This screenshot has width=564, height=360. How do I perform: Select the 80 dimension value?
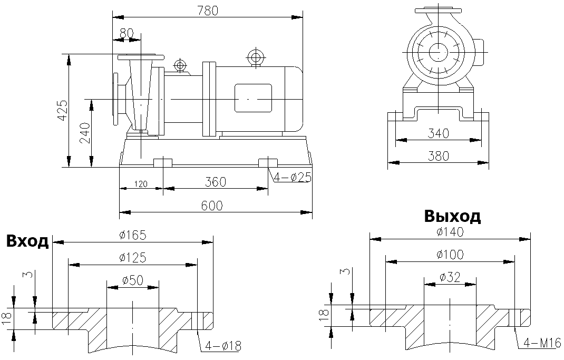[127, 33]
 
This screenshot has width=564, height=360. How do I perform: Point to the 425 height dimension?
[62, 110]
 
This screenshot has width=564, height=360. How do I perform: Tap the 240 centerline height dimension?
[84, 132]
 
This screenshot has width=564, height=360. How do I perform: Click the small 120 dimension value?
[140, 184]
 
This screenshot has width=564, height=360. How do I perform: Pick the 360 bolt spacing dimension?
[216, 182]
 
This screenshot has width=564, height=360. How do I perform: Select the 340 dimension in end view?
[438, 133]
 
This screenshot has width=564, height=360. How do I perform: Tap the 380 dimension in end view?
[438, 156]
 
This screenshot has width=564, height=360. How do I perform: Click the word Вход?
[27, 241]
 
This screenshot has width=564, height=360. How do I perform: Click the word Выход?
[452, 216]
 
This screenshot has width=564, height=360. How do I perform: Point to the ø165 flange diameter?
[132, 235]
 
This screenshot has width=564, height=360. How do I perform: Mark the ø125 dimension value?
[132, 257]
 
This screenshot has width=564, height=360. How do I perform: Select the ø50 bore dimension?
[132, 280]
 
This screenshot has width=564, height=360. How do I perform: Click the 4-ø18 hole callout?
[223, 346]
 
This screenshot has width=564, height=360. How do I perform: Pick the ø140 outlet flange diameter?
[450, 232]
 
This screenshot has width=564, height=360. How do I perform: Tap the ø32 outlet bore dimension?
[450, 276]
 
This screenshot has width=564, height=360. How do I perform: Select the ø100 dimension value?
[450, 255]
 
